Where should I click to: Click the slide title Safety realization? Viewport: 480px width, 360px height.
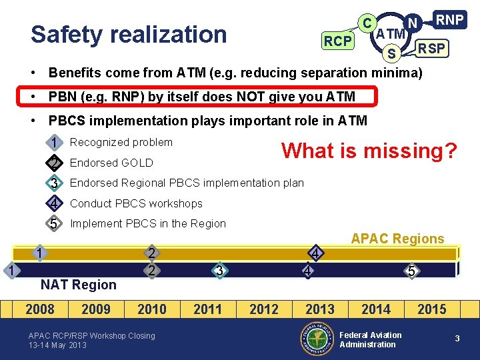pyautogui.click(x=129, y=35)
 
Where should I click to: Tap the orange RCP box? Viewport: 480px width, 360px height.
pyautogui.click(x=337, y=41)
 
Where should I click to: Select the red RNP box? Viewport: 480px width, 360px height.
pyautogui.click(x=449, y=20)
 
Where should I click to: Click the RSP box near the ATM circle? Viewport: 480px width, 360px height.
pyautogui.click(x=433, y=49)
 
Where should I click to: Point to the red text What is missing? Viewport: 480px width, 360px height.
pyautogui.click(x=369, y=151)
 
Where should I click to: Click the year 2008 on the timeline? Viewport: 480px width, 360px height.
pyautogui.click(x=40, y=309)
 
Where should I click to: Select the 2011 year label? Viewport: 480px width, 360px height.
pyautogui.click(x=208, y=309)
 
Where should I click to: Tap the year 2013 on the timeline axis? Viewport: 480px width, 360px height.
pyautogui.click(x=320, y=309)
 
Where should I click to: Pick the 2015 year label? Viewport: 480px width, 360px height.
pyautogui.click(x=432, y=309)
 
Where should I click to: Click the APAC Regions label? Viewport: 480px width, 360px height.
pyautogui.click(x=397, y=239)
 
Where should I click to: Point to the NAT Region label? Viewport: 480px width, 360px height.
pyautogui.click(x=78, y=285)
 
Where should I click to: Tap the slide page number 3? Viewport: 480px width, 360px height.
pyautogui.click(x=457, y=339)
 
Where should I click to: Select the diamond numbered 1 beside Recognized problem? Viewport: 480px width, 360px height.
pyautogui.click(x=53, y=142)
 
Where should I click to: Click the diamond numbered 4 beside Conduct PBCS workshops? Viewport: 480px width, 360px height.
pyautogui.click(x=53, y=203)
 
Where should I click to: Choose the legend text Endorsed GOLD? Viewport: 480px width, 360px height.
pyautogui.click(x=111, y=163)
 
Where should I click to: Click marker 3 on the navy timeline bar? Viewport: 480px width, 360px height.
pyautogui.click(x=219, y=270)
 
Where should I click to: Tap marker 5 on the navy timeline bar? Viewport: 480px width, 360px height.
pyautogui.click(x=412, y=271)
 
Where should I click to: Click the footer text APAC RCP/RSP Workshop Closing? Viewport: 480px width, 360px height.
pyautogui.click(x=91, y=336)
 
